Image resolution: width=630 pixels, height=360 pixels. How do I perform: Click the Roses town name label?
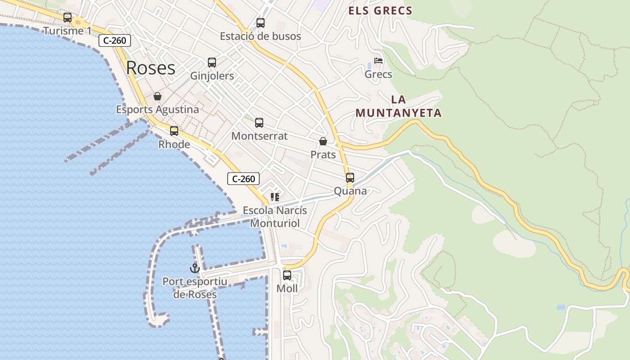point(151,68)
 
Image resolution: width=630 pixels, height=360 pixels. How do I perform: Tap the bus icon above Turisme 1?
point(67,18)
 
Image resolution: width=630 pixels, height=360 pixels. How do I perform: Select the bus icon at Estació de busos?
point(261,23)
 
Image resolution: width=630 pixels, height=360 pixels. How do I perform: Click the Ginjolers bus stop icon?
point(212,63)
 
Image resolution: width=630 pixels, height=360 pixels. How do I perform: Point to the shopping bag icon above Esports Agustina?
point(157,96)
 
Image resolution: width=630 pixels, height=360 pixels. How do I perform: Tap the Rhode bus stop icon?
point(174,131)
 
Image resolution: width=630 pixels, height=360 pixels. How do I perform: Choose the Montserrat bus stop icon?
point(259,122)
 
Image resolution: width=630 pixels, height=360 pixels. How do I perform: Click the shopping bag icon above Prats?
point(323,141)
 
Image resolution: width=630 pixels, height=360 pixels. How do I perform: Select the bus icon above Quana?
point(350,178)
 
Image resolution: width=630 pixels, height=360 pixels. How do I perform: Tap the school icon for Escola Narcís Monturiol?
point(275,197)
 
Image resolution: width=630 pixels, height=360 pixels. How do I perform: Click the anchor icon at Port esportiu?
point(194,268)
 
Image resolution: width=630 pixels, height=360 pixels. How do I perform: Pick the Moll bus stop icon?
point(287,275)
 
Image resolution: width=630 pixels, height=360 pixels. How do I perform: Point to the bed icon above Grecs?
point(378,61)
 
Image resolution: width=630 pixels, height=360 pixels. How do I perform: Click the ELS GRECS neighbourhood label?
point(380,11)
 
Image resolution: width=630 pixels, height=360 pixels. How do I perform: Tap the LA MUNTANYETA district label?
point(399,106)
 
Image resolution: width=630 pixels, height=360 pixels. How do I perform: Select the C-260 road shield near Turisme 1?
point(115,40)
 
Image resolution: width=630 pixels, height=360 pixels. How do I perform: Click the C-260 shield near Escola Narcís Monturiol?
point(243,179)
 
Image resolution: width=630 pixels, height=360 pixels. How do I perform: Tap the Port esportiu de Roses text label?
point(195,288)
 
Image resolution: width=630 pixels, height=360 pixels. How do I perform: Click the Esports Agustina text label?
point(157,109)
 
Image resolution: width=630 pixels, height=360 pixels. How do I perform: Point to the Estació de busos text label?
point(261,36)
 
